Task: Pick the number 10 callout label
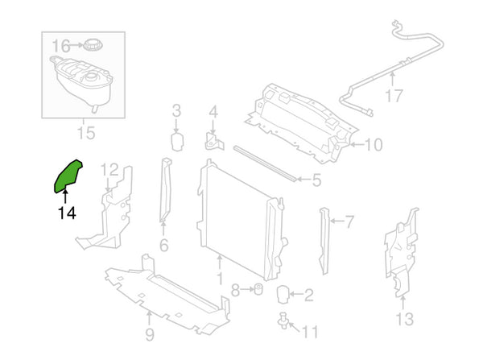pyautogui.click(x=373, y=146)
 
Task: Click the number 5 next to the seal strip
pyautogui.click(x=316, y=181)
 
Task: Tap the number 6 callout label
pyautogui.click(x=163, y=246)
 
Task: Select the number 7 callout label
pyautogui.click(x=349, y=219)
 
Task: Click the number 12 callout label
pyautogui.click(x=110, y=170)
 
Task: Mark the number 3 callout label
pyautogui.click(x=176, y=110)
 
